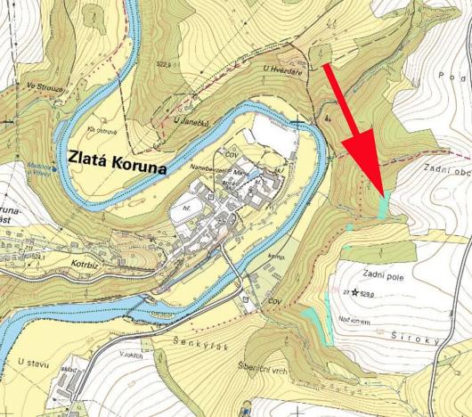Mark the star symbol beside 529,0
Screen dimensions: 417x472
point(354,292)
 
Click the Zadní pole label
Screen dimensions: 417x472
point(384,276)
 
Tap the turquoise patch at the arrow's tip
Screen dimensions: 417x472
point(384,207)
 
